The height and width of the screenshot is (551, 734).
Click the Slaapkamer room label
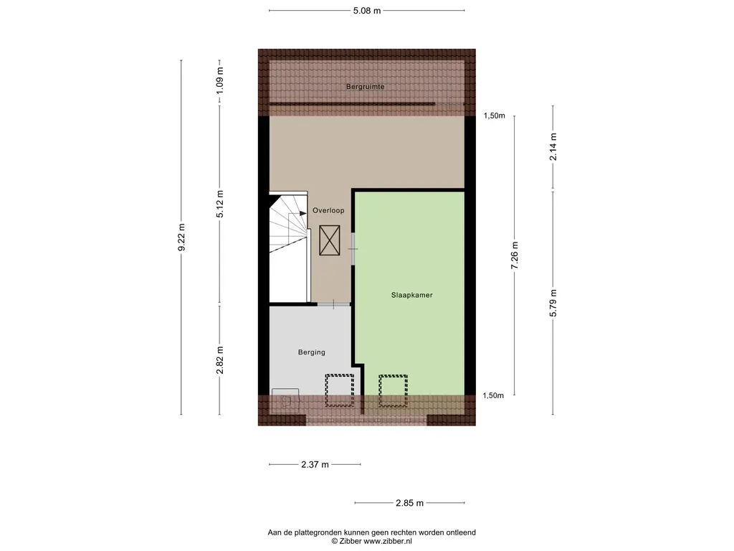412,295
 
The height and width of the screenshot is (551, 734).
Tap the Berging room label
311,352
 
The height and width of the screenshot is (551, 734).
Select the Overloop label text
328,210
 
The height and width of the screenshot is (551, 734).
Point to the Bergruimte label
365,87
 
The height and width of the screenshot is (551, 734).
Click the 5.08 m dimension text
367,11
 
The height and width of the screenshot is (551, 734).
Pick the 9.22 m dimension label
181,237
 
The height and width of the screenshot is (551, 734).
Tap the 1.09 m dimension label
220,80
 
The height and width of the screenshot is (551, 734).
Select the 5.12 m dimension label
220,204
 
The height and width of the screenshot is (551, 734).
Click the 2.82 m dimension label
220,360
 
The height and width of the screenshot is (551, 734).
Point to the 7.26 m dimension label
515,255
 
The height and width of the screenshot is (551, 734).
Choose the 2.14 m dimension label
553,147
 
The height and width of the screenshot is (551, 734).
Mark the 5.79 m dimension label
553,303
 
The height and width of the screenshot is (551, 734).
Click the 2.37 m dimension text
315,465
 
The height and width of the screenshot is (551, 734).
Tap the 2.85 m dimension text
409,503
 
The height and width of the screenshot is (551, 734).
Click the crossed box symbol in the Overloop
330,240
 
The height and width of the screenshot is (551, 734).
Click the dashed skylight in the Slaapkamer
394,391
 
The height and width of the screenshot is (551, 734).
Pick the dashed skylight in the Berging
339,391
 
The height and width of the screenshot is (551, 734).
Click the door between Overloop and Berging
334,304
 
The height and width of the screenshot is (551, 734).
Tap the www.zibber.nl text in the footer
388,541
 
